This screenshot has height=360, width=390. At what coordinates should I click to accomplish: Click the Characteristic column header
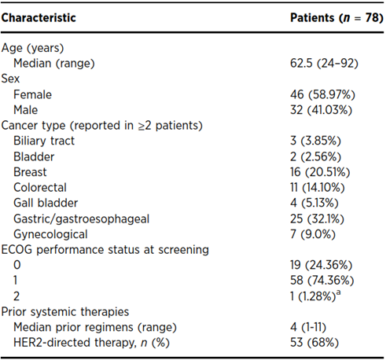click(39, 18)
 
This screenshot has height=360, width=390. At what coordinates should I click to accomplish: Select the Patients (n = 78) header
click(337, 18)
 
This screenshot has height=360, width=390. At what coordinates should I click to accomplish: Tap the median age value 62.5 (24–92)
click(324, 64)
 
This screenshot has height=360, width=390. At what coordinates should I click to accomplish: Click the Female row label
click(32, 94)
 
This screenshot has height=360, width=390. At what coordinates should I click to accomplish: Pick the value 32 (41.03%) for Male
click(321, 110)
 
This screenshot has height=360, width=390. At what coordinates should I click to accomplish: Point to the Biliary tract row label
click(44, 141)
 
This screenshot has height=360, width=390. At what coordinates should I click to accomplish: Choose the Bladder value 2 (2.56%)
click(315, 156)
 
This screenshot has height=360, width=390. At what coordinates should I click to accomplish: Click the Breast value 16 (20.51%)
click(320, 172)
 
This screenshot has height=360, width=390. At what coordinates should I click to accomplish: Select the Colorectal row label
click(40, 188)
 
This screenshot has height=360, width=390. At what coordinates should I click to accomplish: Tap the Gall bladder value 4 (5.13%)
click(315, 203)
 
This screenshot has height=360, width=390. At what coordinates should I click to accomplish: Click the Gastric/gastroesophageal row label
click(81, 219)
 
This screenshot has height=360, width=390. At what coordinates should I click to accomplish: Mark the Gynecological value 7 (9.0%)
click(313, 234)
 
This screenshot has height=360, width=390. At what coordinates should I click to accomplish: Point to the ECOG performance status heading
click(105, 250)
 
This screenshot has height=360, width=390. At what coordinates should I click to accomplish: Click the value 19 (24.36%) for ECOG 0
click(321, 265)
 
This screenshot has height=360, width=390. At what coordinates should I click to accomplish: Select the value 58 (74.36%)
click(322, 281)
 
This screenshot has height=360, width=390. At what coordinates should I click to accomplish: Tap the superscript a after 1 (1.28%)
click(338, 292)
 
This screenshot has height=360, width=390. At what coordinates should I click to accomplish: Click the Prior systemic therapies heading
click(65, 312)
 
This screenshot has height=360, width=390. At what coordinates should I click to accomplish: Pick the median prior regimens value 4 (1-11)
click(308, 327)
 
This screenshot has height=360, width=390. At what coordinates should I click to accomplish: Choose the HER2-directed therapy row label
click(91, 343)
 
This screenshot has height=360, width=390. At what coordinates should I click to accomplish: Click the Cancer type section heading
click(102, 126)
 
